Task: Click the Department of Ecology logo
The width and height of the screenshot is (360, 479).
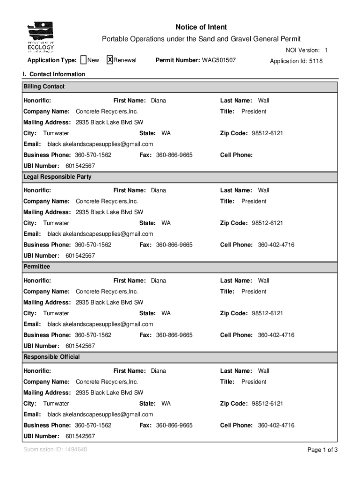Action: [41, 37]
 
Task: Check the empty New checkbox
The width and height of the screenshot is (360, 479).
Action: [84, 60]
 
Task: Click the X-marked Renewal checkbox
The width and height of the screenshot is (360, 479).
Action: [110, 60]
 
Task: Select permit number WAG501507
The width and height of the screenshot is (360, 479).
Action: [219, 60]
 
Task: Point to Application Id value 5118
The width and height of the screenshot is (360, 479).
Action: [316, 61]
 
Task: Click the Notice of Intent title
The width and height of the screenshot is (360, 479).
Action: [201, 27]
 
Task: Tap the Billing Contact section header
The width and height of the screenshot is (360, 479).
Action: [44, 87]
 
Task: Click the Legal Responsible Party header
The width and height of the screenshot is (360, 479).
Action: [58, 177]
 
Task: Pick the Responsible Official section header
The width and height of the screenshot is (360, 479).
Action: [52, 357]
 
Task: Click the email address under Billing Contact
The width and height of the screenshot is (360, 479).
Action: [101, 144]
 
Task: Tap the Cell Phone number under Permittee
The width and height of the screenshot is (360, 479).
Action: [276, 335]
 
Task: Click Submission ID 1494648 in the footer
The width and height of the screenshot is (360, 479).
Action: [55, 450]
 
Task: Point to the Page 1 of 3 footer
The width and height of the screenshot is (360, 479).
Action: [322, 450]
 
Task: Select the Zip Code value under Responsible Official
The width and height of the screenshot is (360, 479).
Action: [267, 404]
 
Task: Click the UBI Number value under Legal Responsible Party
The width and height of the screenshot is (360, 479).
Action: [80, 256]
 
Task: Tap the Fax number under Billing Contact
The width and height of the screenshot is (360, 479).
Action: [174, 155]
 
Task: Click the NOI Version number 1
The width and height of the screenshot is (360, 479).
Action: [326, 50]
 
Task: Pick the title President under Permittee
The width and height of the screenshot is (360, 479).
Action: [254, 291]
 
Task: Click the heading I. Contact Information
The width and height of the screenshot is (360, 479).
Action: [54, 74]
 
